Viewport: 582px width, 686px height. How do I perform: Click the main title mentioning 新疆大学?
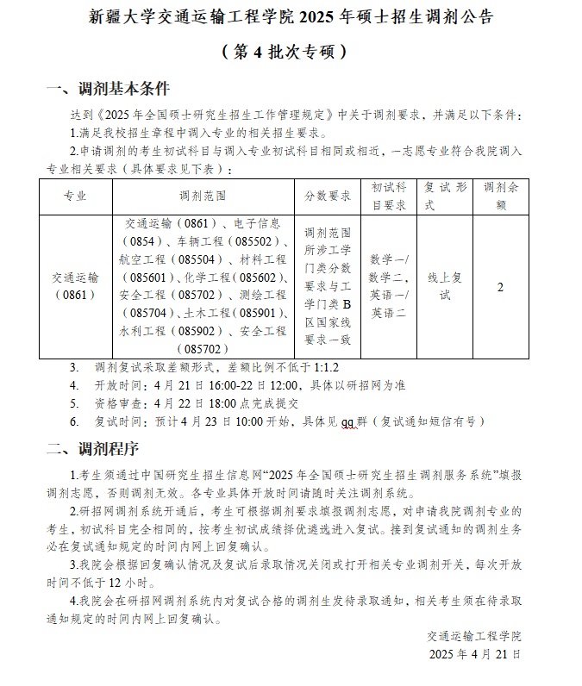point(291,18)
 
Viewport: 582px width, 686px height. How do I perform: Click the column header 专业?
point(75,196)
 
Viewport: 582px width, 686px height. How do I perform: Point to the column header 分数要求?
point(328,196)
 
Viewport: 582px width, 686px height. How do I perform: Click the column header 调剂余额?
point(500,196)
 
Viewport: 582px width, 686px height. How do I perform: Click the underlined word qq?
point(348,421)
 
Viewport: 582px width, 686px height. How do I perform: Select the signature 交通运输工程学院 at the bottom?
point(474,636)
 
